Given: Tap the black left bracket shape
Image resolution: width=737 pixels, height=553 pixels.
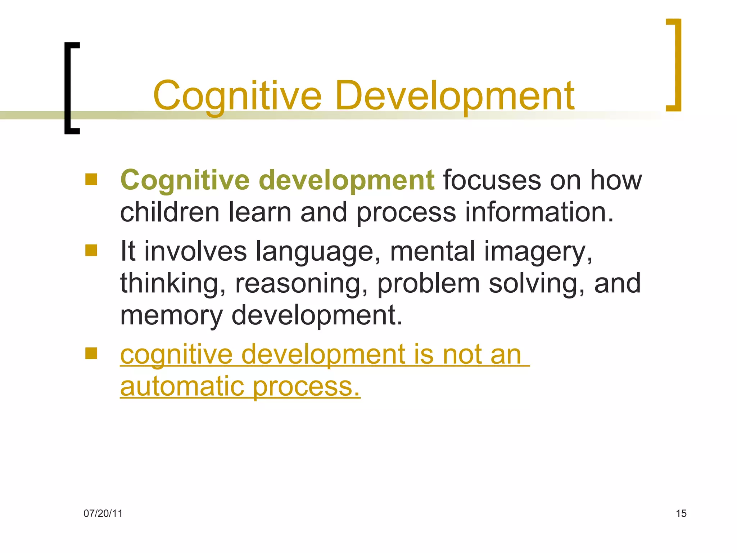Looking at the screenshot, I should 70,88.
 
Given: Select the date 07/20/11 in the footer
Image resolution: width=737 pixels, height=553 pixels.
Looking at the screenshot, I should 103,513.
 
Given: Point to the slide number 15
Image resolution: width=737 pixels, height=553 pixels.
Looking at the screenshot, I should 681,513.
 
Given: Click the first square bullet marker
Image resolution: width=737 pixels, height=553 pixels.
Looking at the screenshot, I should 91,179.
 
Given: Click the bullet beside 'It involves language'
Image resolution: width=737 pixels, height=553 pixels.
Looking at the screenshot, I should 91,250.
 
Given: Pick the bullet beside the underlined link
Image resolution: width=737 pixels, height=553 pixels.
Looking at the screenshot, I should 91,353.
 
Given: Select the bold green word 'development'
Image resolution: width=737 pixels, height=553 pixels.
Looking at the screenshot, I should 347,180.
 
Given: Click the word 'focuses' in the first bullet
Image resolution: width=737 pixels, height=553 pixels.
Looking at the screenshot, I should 492,180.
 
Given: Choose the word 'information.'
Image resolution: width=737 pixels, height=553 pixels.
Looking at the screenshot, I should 539,212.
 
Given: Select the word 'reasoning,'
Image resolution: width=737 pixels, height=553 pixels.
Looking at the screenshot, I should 302,283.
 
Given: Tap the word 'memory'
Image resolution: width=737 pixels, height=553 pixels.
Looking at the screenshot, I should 171,315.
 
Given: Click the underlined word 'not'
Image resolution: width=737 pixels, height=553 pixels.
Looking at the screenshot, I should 462,355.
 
